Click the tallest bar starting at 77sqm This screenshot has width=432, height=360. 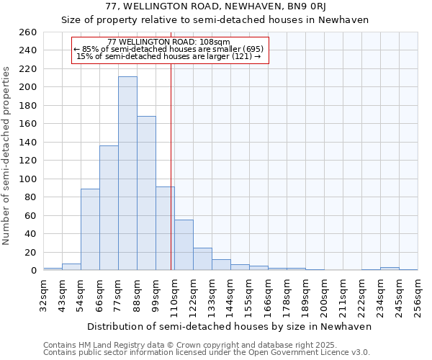[x=127, y=173]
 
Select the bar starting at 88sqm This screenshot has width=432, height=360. [x=146, y=193]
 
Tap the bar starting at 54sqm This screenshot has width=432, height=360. [x=90, y=229]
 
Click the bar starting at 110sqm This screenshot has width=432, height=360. [x=184, y=245]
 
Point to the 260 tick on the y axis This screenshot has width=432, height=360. [x=28, y=32]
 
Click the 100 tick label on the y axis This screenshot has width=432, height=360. [x=28, y=179]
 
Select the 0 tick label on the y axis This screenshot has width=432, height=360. [x=33, y=271]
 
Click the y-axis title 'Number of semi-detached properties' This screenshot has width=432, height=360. [x=7, y=156]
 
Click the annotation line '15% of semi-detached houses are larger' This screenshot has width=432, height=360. [x=168, y=56]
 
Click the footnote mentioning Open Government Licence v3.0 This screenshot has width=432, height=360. [x=207, y=352]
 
